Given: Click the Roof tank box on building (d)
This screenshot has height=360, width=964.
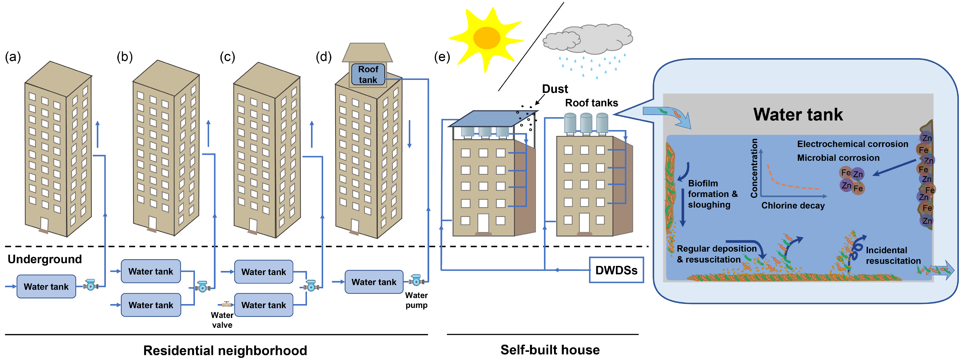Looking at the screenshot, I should pos(368,74).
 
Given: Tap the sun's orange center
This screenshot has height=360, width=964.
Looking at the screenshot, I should pos(487,38).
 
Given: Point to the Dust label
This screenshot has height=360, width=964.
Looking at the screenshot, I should pos(555,89).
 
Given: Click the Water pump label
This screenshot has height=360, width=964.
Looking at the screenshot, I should pos(416,300).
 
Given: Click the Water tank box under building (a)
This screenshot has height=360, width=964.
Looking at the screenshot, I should pos(46,287).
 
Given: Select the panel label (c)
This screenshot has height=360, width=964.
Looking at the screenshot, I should pos(227,57).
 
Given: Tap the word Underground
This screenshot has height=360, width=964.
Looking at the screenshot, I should pos(45,259).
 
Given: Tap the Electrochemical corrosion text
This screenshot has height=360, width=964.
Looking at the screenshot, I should pos(852,144).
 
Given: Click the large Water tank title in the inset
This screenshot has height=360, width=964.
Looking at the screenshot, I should pos(798,114).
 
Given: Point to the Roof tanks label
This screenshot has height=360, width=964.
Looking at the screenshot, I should pos(591,103).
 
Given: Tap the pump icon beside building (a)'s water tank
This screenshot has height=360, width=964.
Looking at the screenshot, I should pos(90,285).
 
